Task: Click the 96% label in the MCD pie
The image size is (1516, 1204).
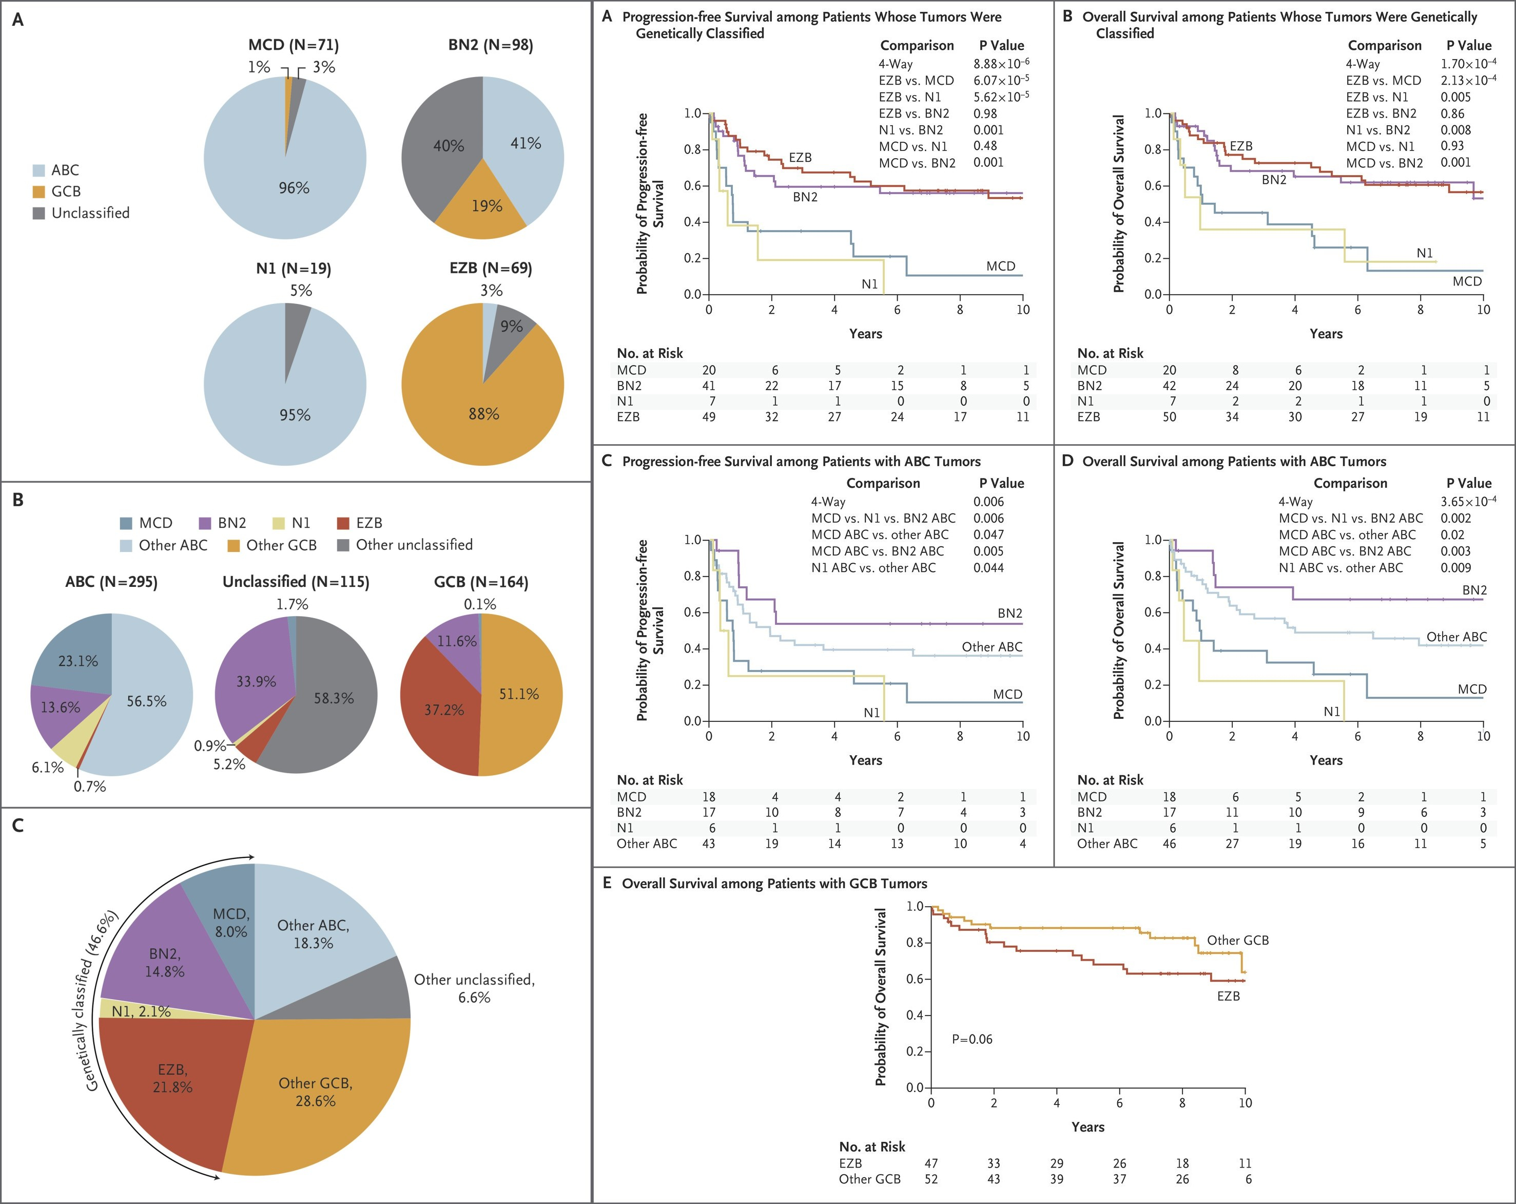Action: (294, 188)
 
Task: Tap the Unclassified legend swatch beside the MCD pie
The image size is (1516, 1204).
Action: (40, 213)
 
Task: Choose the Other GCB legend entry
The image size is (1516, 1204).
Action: (273, 545)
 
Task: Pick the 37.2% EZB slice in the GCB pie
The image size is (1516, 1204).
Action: (443, 710)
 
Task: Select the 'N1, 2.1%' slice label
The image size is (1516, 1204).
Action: (141, 1011)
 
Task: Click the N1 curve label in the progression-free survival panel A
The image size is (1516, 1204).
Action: (870, 284)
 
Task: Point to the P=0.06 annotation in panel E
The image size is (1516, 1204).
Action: (972, 1039)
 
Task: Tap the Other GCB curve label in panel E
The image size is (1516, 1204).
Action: (1237, 940)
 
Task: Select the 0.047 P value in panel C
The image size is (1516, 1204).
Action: (988, 534)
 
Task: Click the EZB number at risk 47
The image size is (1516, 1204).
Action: (931, 1163)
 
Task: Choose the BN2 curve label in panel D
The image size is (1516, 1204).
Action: (1474, 590)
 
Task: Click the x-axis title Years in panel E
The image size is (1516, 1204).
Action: (1088, 1126)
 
